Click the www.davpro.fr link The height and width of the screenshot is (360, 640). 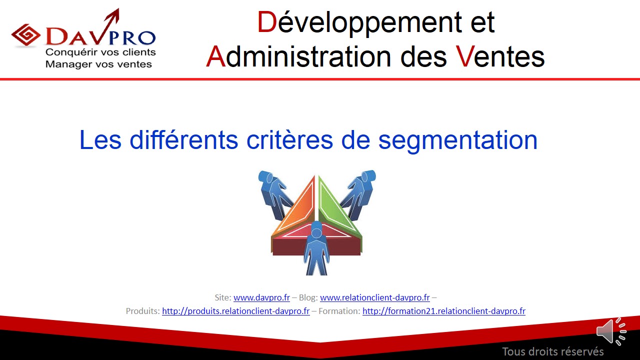pyautogui.click(x=261, y=297)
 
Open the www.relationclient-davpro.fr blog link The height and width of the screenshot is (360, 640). pyautogui.click(x=375, y=297)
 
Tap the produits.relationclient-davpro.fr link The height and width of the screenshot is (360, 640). pyautogui.click(x=236, y=311)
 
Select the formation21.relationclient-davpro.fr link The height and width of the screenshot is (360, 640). pyautogui.click(x=444, y=311)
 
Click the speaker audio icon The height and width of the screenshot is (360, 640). pyautogui.click(x=611, y=331)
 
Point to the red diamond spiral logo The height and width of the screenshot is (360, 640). pyautogui.click(x=25, y=35)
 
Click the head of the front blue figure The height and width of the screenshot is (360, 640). pyautogui.click(x=316, y=231)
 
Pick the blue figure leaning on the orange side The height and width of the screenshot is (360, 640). pyautogui.click(x=275, y=194)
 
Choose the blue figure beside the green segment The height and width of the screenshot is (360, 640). pyautogui.click(x=358, y=194)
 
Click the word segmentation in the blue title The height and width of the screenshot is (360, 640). pyautogui.click(x=457, y=140)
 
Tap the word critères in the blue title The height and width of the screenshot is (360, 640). pyautogui.click(x=289, y=140)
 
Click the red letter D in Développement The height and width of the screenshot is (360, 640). pyautogui.click(x=267, y=22)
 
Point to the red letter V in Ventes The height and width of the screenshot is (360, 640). pyautogui.click(x=465, y=57)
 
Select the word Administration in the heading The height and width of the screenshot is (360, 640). pyautogui.click(x=298, y=56)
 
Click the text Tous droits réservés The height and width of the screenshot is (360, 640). pyautogui.click(x=553, y=351)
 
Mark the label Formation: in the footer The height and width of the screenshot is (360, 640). pyautogui.click(x=339, y=311)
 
